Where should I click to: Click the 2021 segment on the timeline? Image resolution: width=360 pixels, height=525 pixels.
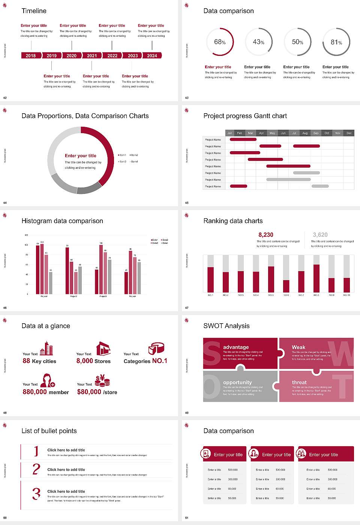click(x=92, y=55)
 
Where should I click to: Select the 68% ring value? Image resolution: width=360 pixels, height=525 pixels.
click(x=220, y=42)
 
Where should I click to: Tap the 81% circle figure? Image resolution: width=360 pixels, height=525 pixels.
click(x=336, y=42)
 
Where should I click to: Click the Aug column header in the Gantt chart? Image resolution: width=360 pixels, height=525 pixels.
click(x=305, y=133)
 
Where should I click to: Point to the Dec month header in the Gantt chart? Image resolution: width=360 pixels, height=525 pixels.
click(x=349, y=133)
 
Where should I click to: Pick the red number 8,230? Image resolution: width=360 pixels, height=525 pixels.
click(x=266, y=235)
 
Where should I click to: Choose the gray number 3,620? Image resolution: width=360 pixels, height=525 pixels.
click(x=320, y=235)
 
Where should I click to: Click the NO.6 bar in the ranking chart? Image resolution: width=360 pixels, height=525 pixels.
click(x=286, y=286)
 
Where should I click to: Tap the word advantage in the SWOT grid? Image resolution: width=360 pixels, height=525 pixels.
click(x=236, y=347)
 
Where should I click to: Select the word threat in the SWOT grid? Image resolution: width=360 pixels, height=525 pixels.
click(x=299, y=382)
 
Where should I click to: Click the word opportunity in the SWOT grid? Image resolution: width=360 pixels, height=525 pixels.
click(x=237, y=382)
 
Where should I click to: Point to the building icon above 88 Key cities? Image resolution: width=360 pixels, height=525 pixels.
click(x=46, y=348)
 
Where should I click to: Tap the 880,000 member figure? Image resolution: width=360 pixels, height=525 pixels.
click(x=46, y=392)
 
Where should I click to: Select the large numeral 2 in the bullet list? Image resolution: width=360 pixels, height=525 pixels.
click(x=36, y=469)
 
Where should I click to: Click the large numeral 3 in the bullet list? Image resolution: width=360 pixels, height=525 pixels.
click(x=36, y=493)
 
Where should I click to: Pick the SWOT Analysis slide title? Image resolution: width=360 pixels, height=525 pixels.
click(x=226, y=326)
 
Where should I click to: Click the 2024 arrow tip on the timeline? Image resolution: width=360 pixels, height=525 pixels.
click(x=160, y=55)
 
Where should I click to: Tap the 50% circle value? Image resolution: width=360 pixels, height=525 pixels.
click(x=297, y=42)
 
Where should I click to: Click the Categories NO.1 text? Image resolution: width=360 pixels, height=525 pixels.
click(x=145, y=361)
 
